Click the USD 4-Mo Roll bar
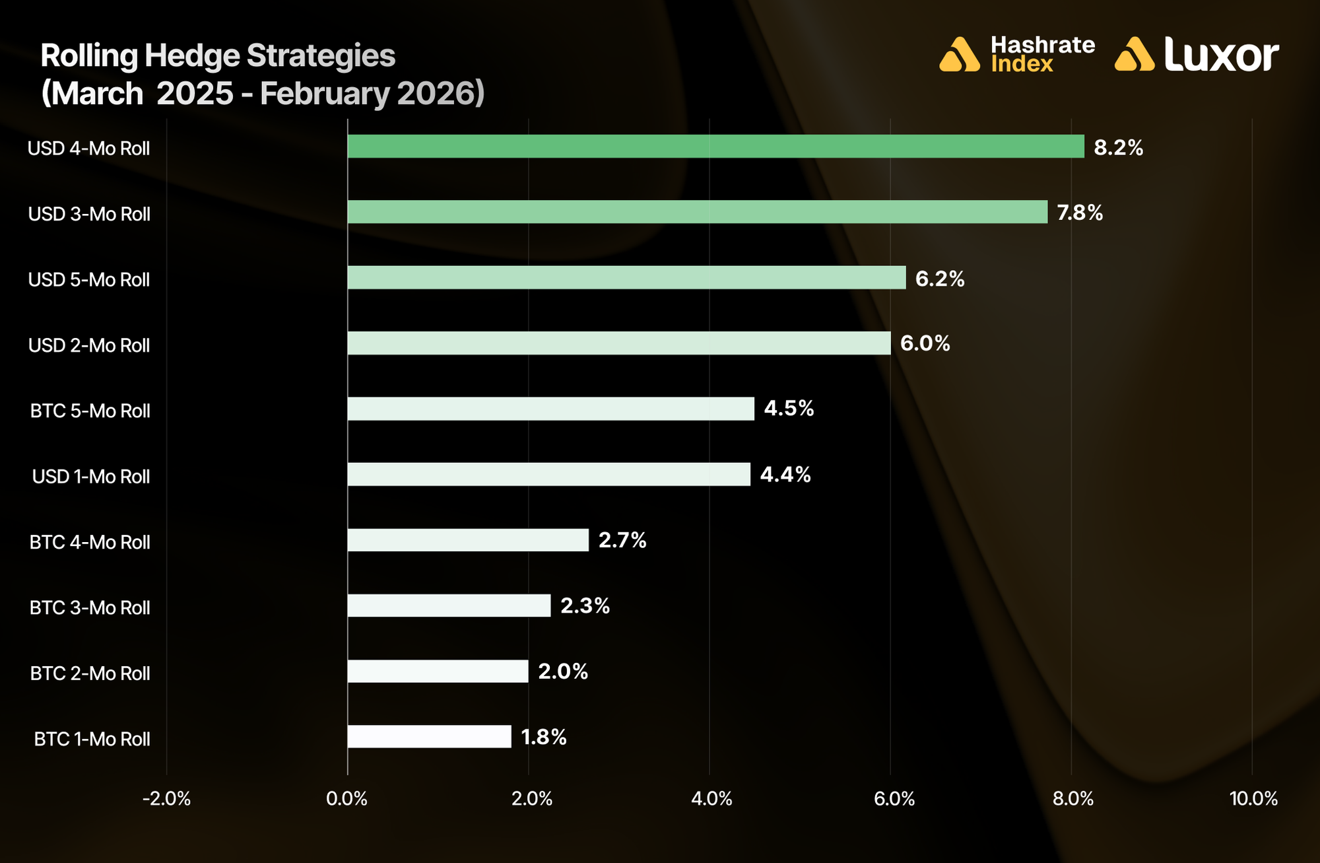point(715,147)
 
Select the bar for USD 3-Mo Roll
point(697,212)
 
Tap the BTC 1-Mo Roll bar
point(429,737)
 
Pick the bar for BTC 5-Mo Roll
point(550,409)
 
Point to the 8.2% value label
point(1118,147)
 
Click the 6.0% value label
point(925,343)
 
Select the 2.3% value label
point(585,605)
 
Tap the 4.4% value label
point(785,475)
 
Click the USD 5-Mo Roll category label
point(89,280)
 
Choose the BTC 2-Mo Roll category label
point(90,673)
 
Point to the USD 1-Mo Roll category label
point(91,477)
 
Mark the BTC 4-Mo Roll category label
point(90,542)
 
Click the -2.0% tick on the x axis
point(166,799)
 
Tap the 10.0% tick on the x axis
point(1253,799)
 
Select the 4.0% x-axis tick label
point(711,799)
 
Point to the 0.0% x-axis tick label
point(347,799)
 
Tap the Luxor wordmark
point(1221,55)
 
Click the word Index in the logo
point(1022,64)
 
